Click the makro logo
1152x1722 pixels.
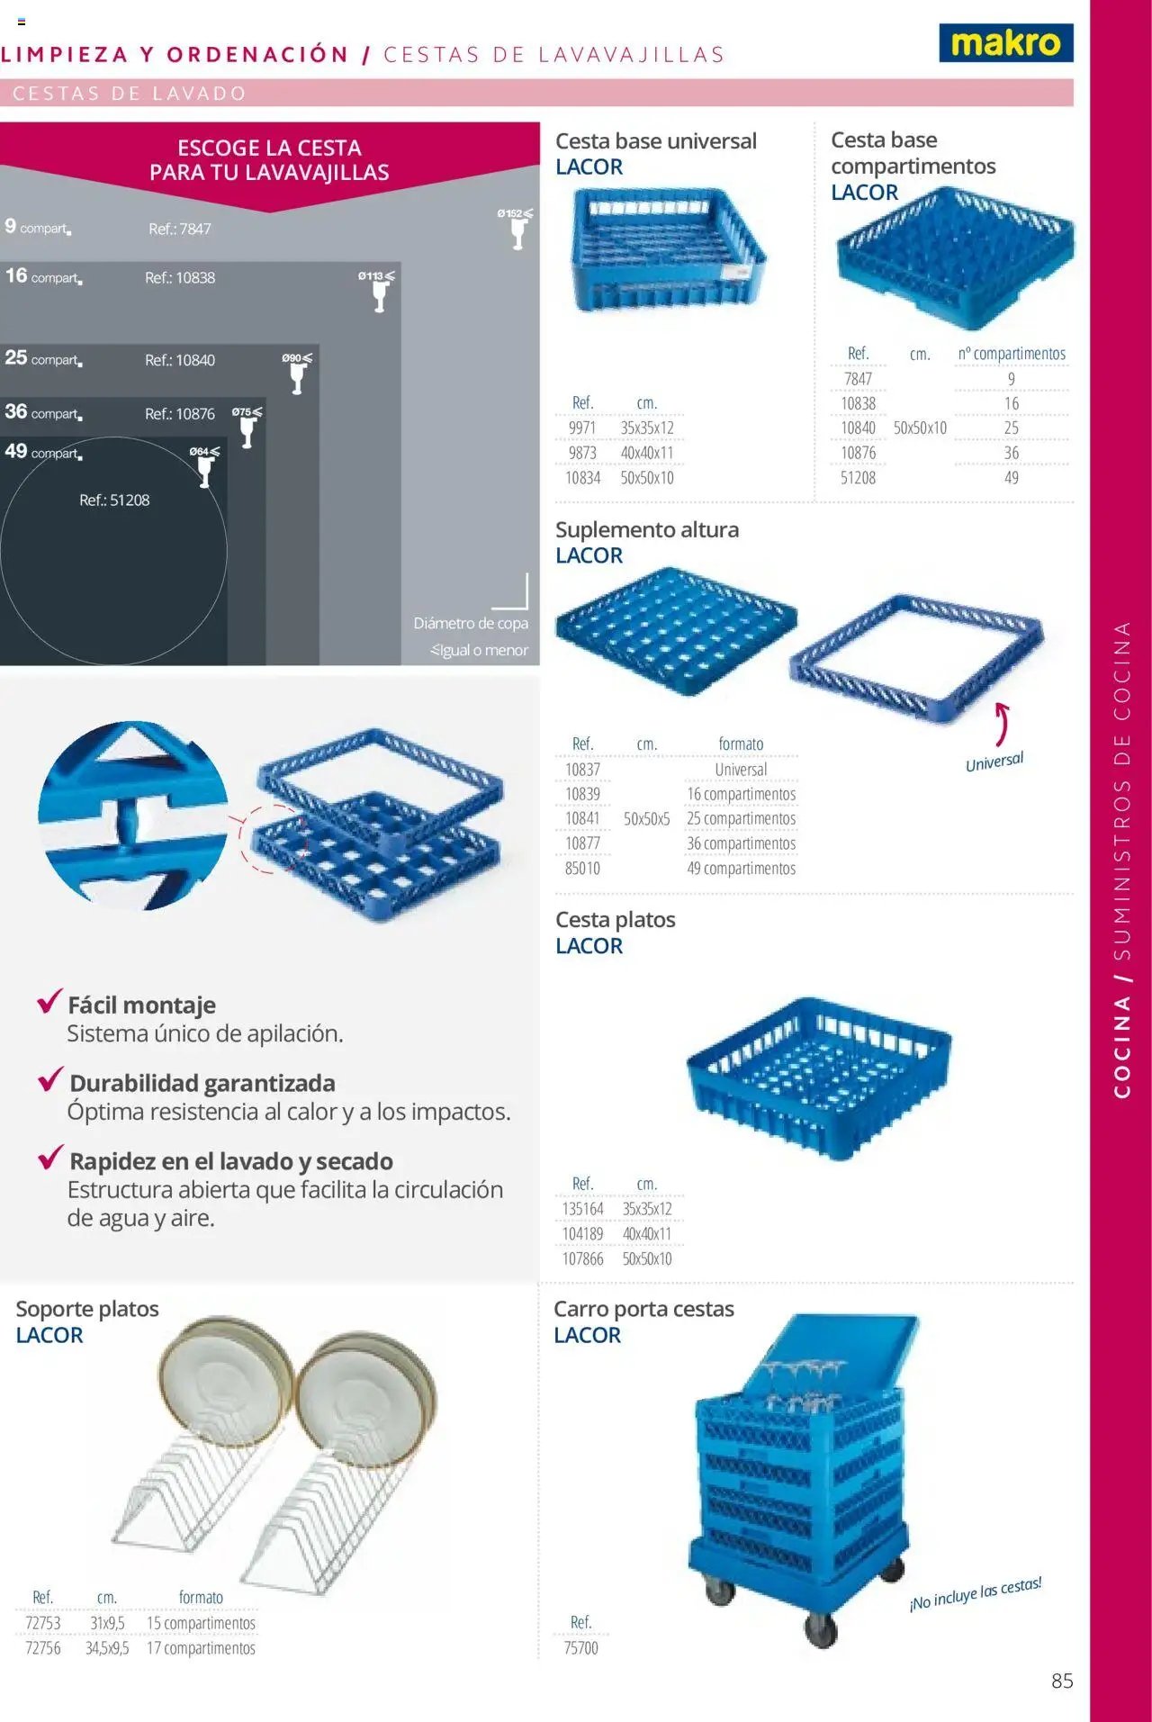[1006, 42]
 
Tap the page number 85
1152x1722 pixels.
[1062, 1681]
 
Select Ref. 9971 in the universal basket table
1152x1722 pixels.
[582, 428]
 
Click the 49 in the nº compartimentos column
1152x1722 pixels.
[1012, 478]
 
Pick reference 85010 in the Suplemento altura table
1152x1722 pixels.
[582, 869]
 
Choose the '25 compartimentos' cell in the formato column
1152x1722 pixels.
[741, 819]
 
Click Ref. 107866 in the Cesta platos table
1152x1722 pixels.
[582, 1259]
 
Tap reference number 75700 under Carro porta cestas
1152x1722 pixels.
[580, 1648]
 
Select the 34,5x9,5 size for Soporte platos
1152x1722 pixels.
[107, 1648]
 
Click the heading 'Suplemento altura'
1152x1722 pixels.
[647, 529]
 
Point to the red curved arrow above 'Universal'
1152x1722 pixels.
[1002, 724]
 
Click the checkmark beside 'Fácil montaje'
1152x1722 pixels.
[49, 1000]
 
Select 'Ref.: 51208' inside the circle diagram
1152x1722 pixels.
[114, 500]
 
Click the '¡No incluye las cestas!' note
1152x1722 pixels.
[976, 1593]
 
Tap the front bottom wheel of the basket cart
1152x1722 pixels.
[821, 1629]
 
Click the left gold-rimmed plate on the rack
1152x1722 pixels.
[225, 1382]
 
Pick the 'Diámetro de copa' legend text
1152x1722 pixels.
[471, 623]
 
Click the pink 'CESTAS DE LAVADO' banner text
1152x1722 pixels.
[130, 93]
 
